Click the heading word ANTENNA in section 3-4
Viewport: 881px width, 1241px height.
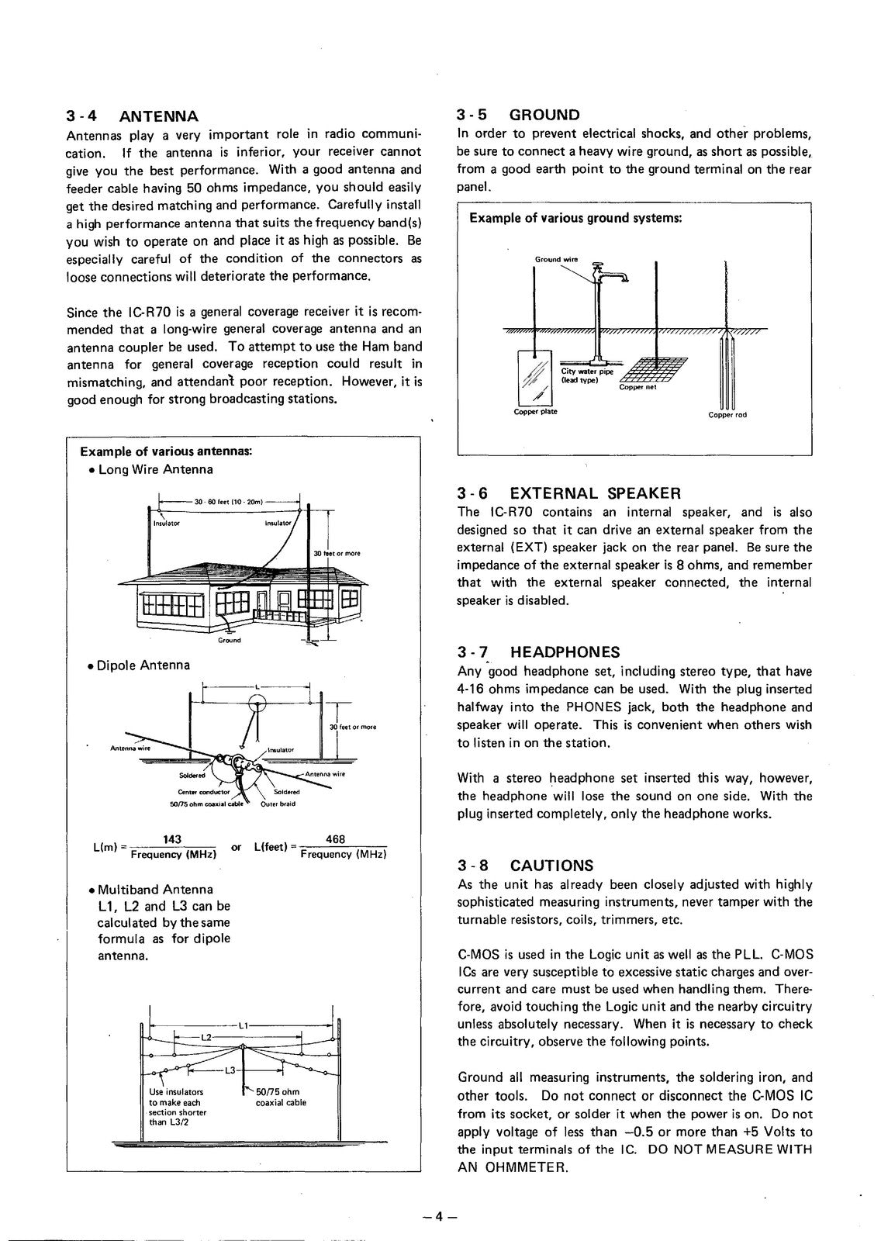(159, 116)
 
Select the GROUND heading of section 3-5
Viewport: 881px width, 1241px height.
(544, 115)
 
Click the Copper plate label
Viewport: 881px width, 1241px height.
(535, 412)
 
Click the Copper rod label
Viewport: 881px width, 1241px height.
(727, 415)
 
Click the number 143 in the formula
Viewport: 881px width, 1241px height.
(173, 839)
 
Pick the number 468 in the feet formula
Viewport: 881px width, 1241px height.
(336, 839)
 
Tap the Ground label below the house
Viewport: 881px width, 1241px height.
(229, 640)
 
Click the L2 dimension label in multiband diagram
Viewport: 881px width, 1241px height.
(206, 1037)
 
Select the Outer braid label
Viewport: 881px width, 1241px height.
(278, 804)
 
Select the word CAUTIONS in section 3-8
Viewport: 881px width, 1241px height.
(551, 866)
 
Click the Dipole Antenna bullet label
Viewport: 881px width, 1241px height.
(143, 665)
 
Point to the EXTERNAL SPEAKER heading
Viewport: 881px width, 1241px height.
(595, 493)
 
